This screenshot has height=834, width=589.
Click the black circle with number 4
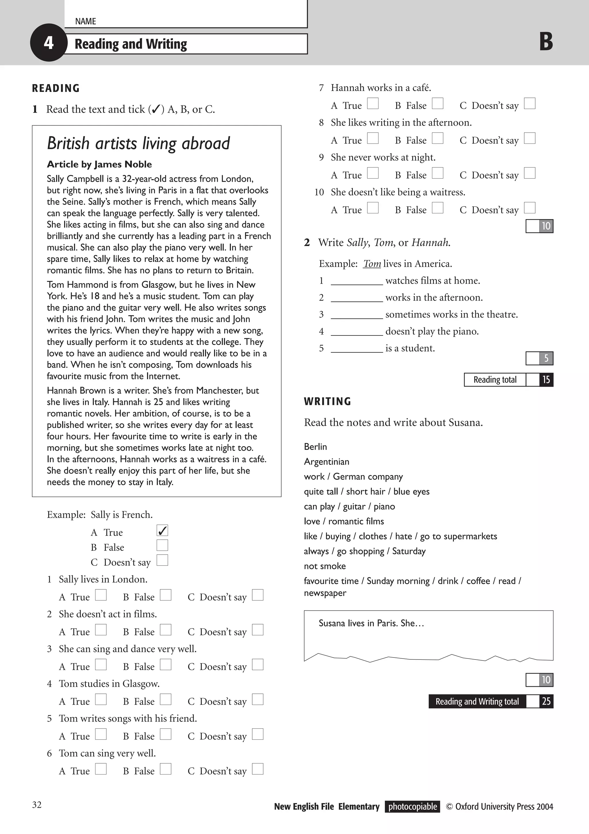pyautogui.click(x=49, y=43)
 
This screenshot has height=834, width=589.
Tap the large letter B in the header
pyautogui.click(x=546, y=42)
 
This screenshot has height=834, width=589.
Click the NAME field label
pyautogui.click(x=85, y=22)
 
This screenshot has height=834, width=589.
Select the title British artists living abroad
pyautogui.click(x=138, y=143)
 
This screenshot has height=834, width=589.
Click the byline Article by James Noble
pyautogui.click(x=99, y=164)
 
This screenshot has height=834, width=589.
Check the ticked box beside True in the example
pyautogui.click(x=162, y=531)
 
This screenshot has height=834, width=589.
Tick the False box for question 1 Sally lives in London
pyautogui.click(x=166, y=595)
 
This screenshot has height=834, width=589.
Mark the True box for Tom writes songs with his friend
pyautogui.click(x=101, y=734)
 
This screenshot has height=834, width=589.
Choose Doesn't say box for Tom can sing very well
pyautogui.click(x=258, y=769)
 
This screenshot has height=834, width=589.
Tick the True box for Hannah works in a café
pyautogui.click(x=373, y=103)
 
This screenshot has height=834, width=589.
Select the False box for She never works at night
pyautogui.click(x=437, y=173)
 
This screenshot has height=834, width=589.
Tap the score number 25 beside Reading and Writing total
pyautogui.click(x=546, y=701)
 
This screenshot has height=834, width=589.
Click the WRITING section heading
pyautogui.click(x=327, y=402)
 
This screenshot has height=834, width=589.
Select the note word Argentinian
pyautogui.click(x=326, y=462)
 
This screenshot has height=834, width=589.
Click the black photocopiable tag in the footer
pyautogui.click(x=412, y=807)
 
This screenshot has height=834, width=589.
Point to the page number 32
pyautogui.click(x=37, y=805)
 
